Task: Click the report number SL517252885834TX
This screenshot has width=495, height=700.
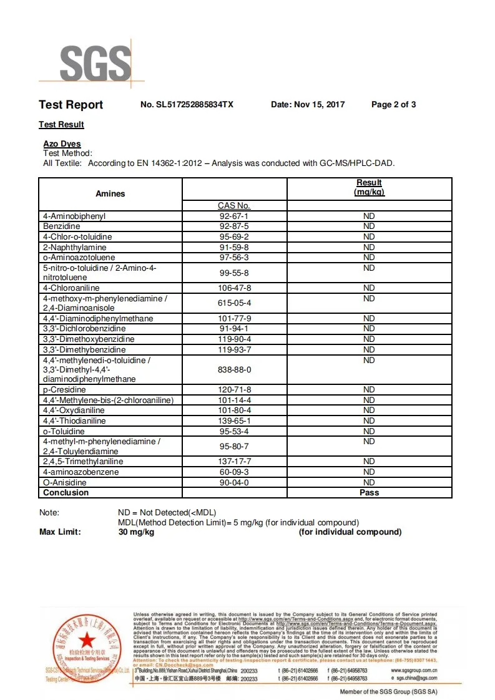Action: (187, 105)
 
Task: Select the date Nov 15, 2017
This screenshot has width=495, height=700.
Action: (308, 105)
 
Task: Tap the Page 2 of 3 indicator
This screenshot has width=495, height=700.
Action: (393, 105)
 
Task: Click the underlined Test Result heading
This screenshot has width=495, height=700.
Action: (61, 124)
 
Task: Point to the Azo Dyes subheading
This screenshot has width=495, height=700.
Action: (62, 144)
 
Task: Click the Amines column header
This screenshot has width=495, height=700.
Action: (110, 193)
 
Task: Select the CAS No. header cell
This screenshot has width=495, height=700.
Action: (233, 205)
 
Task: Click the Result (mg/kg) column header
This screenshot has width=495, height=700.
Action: (369, 187)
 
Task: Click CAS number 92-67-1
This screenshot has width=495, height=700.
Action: (233, 216)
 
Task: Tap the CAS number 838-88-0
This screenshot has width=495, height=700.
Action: (233, 369)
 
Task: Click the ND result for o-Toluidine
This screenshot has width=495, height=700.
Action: (369, 431)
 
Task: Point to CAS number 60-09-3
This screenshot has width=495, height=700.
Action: (233, 472)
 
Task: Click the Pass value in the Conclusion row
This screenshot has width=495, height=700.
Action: (369, 493)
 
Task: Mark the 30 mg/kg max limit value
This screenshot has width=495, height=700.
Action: (136, 532)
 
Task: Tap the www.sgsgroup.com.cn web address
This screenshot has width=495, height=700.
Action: (414, 670)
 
